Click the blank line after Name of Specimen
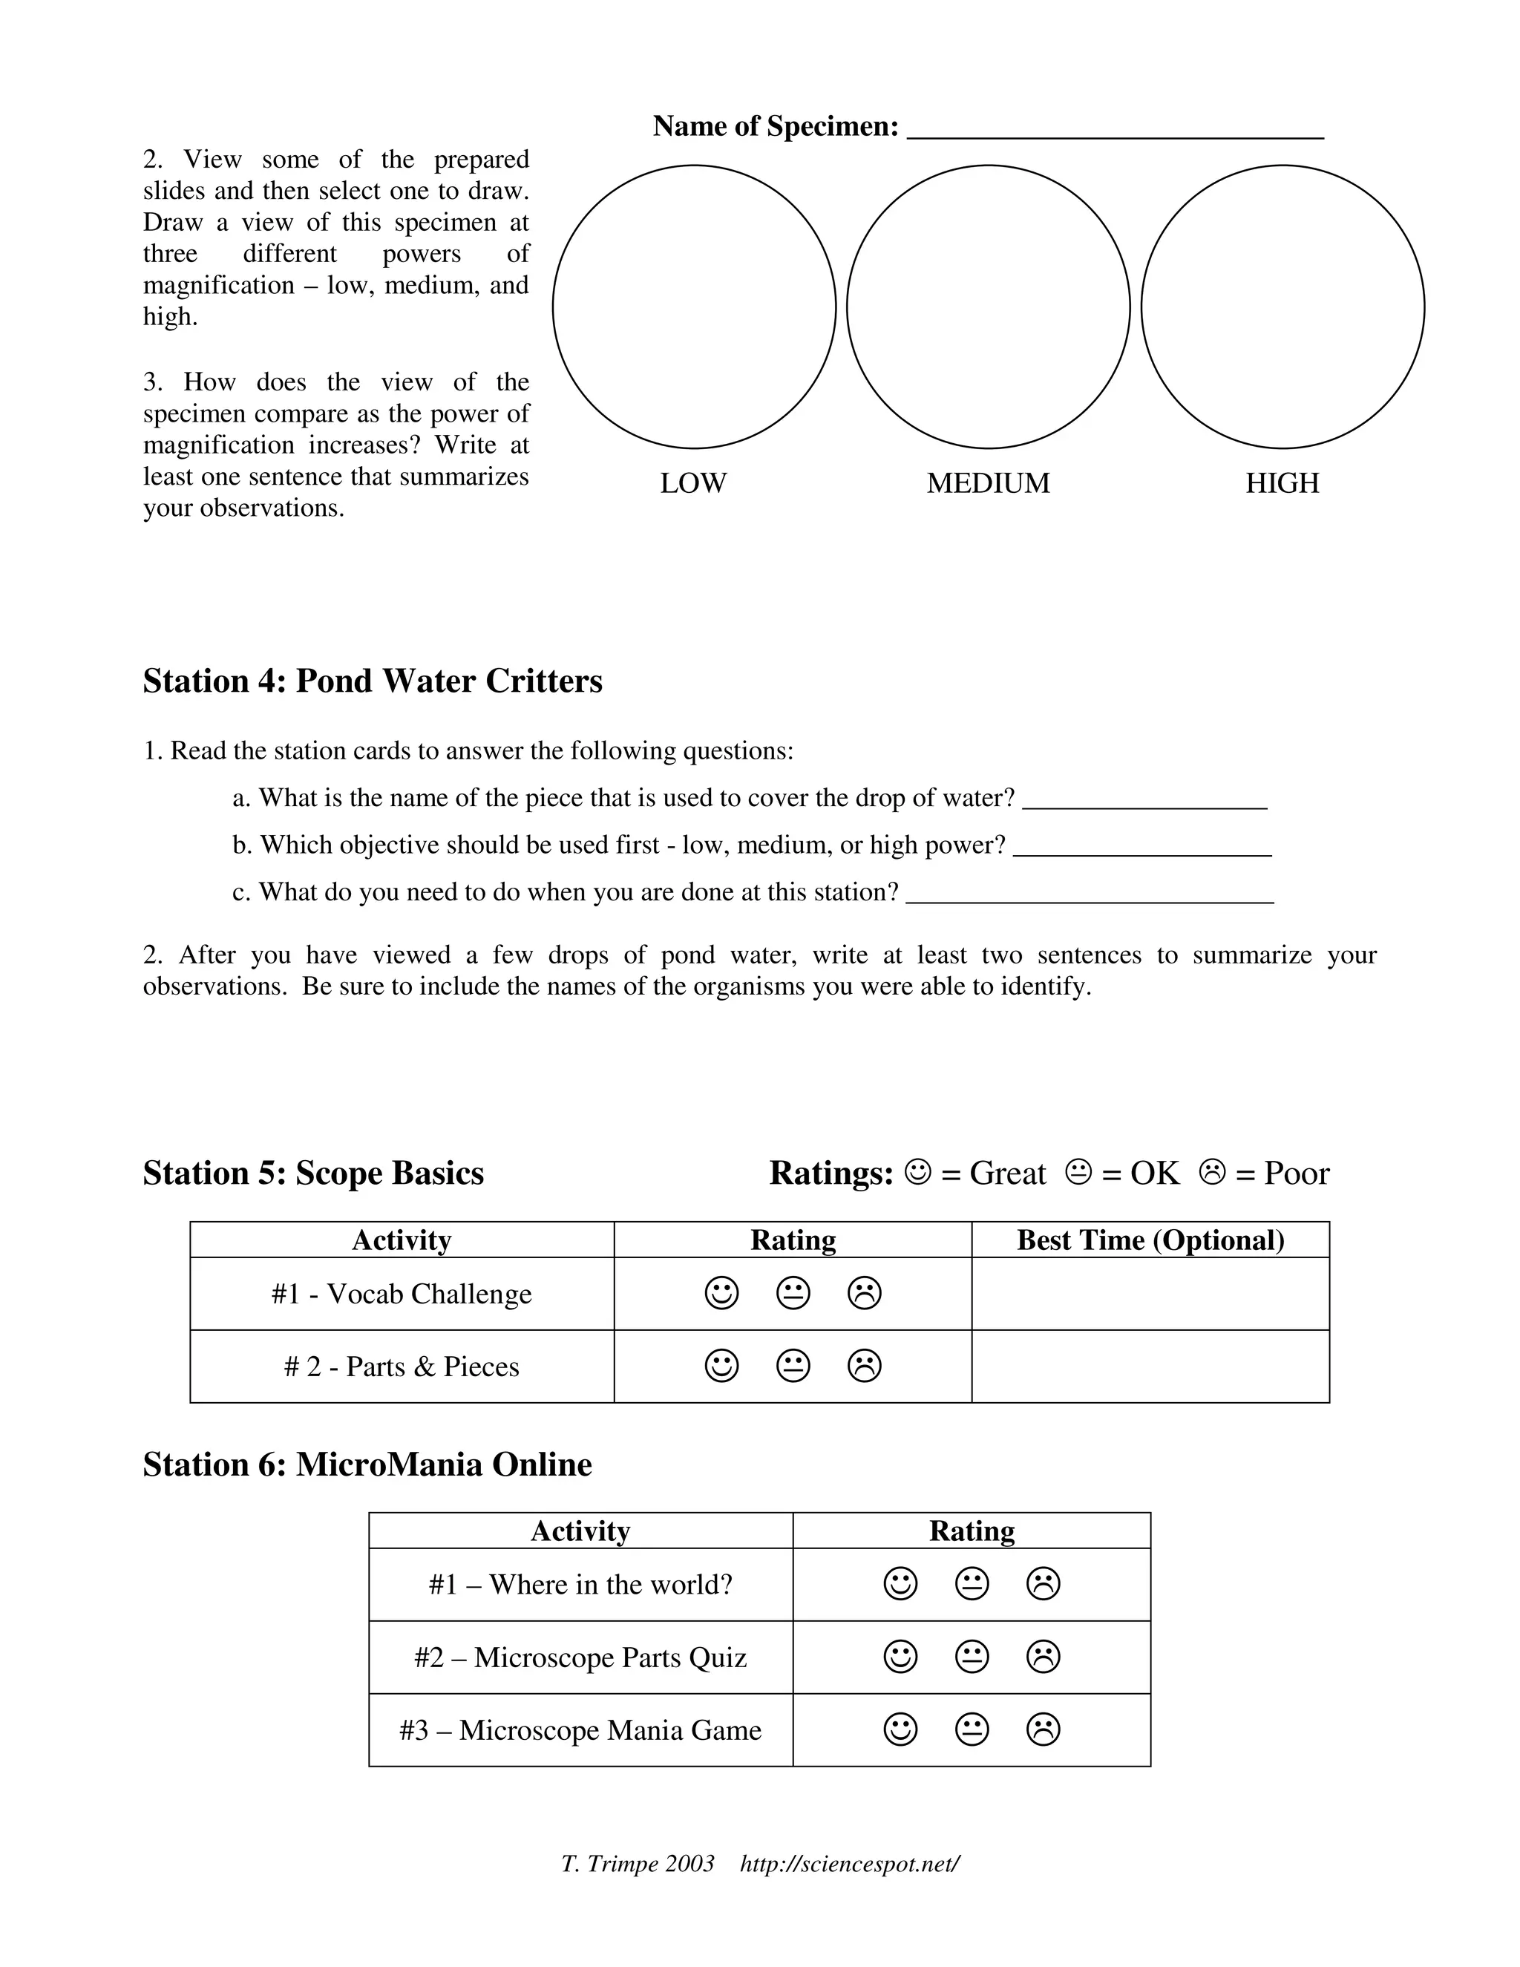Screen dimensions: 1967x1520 [x=1115, y=131]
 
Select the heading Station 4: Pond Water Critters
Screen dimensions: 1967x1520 [x=372, y=681]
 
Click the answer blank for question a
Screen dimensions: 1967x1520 [x=1144, y=802]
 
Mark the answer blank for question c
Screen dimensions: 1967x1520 [x=1090, y=896]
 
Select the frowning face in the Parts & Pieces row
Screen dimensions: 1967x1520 [x=865, y=1367]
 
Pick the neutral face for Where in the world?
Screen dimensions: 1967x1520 [x=972, y=1583]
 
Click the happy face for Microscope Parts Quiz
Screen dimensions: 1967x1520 [x=900, y=1656]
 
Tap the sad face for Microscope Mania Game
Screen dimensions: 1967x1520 [x=1043, y=1729]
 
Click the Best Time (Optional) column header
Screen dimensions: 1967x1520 [x=1150, y=1240]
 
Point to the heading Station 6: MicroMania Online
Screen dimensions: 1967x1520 [x=367, y=1464]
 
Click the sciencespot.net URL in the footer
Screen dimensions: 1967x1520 [x=849, y=1863]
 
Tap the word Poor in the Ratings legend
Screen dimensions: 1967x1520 [x=1296, y=1174]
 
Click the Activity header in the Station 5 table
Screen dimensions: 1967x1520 [x=401, y=1240]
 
